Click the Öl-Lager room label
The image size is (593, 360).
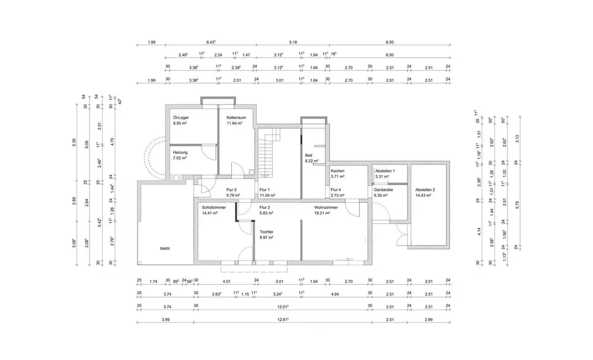pyautogui.click(x=181, y=117)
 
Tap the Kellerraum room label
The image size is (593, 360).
pyautogui.click(x=236, y=117)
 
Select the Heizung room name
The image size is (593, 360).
pyautogui.click(x=180, y=152)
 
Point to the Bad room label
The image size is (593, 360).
pyautogui.click(x=308, y=155)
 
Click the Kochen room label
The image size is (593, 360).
pyautogui.click(x=338, y=171)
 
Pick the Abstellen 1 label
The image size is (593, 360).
pyautogui.click(x=385, y=171)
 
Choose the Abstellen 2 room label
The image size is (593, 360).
pyautogui.click(x=425, y=189)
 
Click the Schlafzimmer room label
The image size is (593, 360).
pyautogui.click(x=213, y=207)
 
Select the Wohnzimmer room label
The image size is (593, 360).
pyautogui.click(x=326, y=207)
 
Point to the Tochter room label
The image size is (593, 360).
pyautogui.click(x=267, y=231)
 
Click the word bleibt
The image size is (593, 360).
pyautogui.click(x=164, y=249)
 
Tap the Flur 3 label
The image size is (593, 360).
pyautogui.click(x=265, y=207)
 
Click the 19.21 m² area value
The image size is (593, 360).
pyautogui.click(x=322, y=212)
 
